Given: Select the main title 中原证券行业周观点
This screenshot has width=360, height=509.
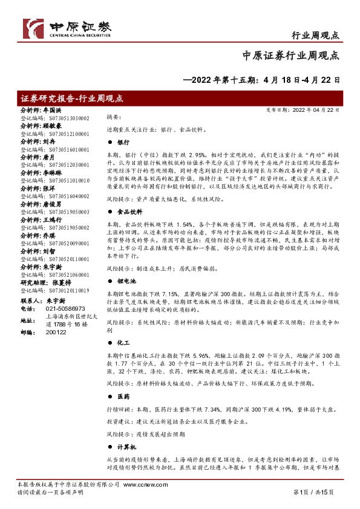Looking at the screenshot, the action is tap(291, 55).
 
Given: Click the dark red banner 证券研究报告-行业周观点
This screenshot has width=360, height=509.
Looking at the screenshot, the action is tap(73, 99).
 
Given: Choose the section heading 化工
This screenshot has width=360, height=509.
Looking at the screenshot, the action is tap(123, 342).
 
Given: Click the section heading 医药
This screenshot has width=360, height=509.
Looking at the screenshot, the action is tap(123, 396).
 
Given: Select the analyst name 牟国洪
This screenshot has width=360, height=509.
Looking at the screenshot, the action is tap(52, 111).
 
